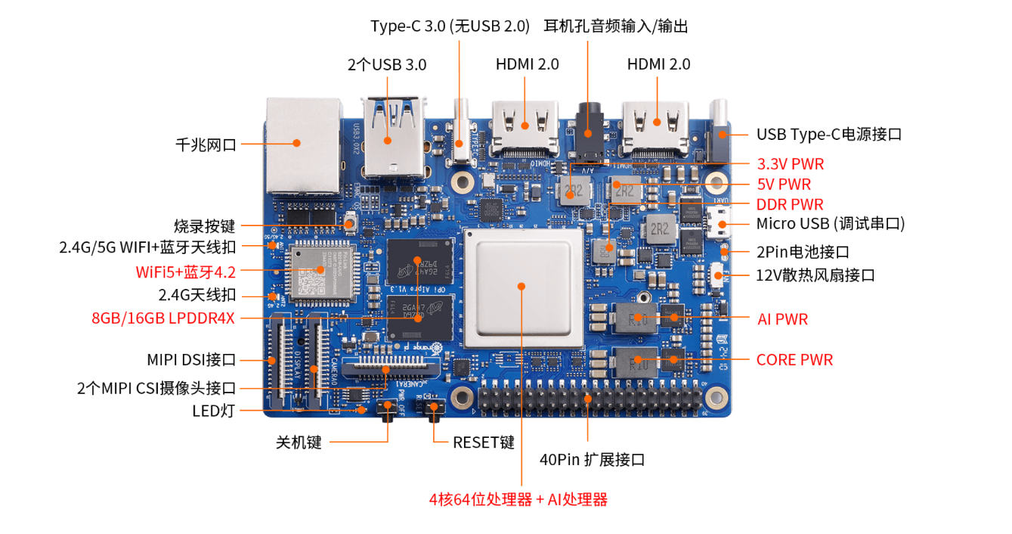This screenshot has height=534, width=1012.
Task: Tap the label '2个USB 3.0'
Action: pyautogui.click(x=386, y=65)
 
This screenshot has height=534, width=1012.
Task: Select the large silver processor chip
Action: pyautogui.click(x=522, y=287)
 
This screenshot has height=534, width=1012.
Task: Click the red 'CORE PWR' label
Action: pyautogui.click(x=794, y=360)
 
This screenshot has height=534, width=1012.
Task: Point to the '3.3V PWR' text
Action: pyautogui.click(x=790, y=164)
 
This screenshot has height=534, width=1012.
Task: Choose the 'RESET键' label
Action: pyautogui.click(x=484, y=442)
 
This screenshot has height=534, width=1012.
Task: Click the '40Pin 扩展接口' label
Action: pyautogui.click(x=592, y=460)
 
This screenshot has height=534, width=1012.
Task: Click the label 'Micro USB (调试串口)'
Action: pyautogui.click(x=830, y=224)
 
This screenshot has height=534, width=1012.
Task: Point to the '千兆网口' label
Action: pyautogui.click(x=206, y=144)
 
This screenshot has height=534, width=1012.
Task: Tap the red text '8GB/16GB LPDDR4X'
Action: pyautogui.click(x=162, y=318)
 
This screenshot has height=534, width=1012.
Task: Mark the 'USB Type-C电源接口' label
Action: pyautogui.click(x=829, y=135)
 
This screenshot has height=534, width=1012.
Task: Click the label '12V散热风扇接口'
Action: pyautogui.click(x=815, y=275)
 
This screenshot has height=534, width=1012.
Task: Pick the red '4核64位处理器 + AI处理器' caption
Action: pyautogui.click(x=518, y=499)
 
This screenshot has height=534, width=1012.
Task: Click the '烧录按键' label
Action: pyautogui.click(x=204, y=226)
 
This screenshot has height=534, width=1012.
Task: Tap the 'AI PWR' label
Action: pyautogui.click(x=782, y=319)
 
